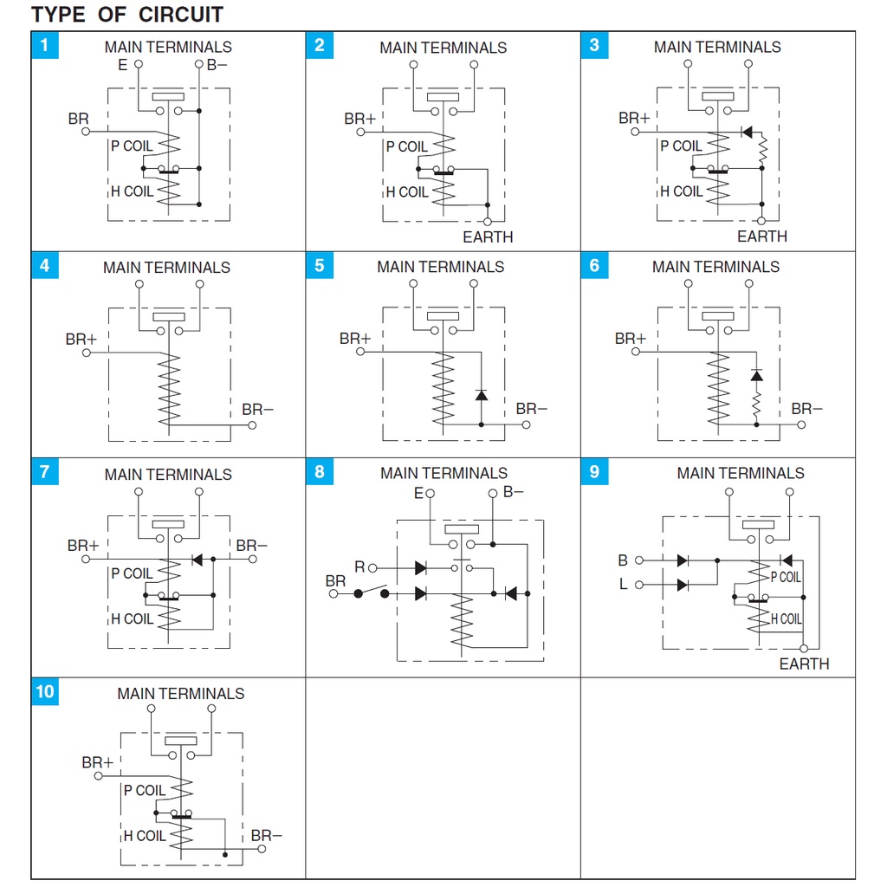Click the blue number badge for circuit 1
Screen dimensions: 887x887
pyautogui.click(x=45, y=45)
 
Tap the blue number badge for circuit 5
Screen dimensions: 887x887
pyautogui.click(x=320, y=266)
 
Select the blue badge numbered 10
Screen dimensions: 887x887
pyautogui.click(x=45, y=691)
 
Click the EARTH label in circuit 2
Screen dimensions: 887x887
pyautogui.click(x=488, y=236)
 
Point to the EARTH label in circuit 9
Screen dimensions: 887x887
pyautogui.click(x=804, y=664)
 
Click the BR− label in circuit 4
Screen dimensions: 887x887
pyautogui.click(x=257, y=409)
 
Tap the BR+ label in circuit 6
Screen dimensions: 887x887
pyautogui.click(x=631, y=339)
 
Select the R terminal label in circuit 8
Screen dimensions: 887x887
pyautogui.click(x=359, y=567)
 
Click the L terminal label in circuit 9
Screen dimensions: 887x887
pyautogui.click(x=623, y=585)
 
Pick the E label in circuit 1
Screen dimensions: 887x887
pyautogui.click(x=122, y=64)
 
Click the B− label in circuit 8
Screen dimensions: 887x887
pyautogui.click(x=514, y=492)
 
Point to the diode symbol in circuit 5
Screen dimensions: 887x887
pyautogui.click(x=482, y=395)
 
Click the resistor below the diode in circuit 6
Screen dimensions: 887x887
pyautogui.click(x=756, y=405)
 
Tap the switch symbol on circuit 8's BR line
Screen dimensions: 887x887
pyautogui.click(x=371, y=593)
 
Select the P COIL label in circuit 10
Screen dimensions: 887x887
pyautogui.click(x=144, y=790)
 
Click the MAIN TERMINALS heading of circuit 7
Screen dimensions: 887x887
pyautogui.click(x=168, y=475)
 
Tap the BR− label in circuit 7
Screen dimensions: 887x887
pyautogui.click(x=252, y=546)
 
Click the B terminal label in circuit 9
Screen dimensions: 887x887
pyautogui.click(x=623, y=560)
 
